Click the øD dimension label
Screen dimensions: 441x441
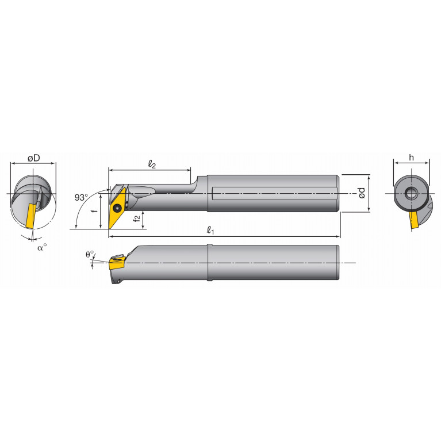pos(33,158)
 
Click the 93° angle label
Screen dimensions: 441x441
pos(82,197)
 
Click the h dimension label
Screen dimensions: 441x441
pos(411,158)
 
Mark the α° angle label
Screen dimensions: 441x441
pos(41,247)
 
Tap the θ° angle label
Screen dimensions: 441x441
pos(90,254)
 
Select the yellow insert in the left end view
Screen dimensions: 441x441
pos(30,215)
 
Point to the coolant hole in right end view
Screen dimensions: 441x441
pos(411,193)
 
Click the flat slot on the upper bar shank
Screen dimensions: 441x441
pos(273,194)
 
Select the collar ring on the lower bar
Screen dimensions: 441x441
pos(209,263)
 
